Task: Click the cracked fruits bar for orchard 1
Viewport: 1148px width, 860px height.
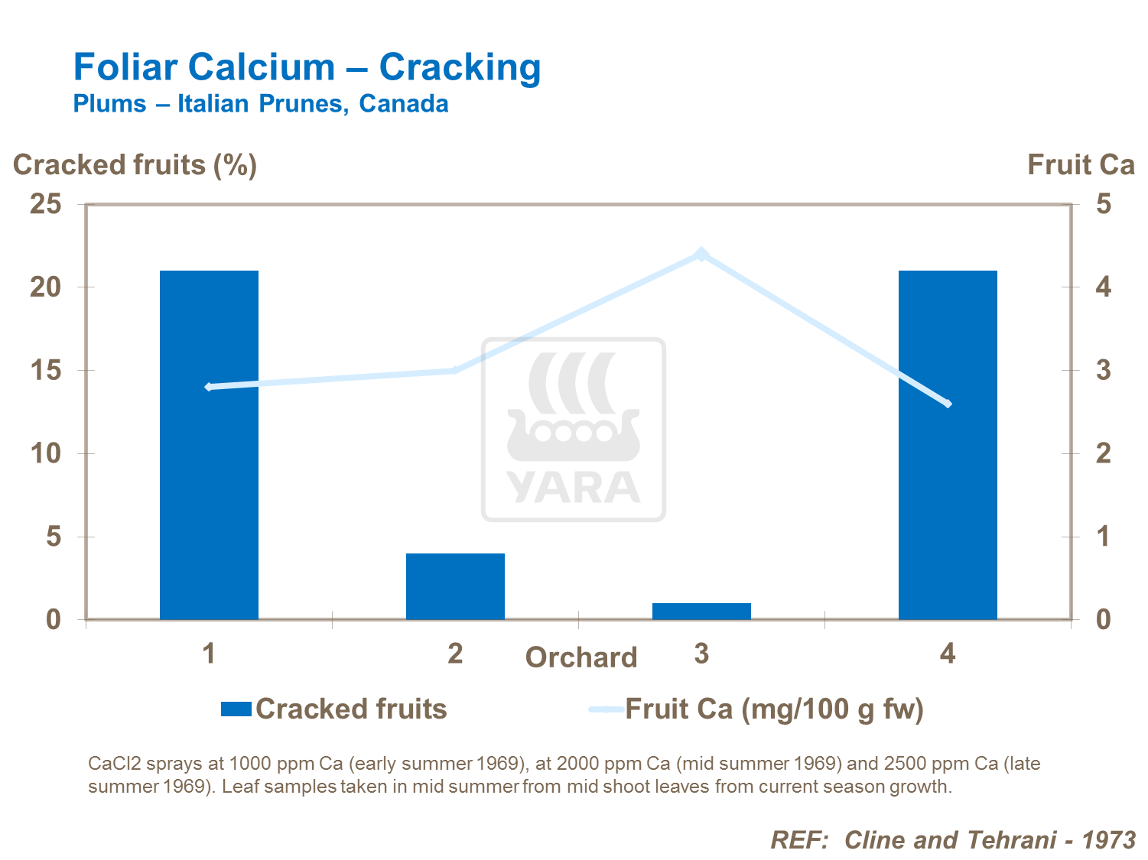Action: (x=209, y=445)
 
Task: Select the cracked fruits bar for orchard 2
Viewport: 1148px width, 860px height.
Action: (x=455, y=586)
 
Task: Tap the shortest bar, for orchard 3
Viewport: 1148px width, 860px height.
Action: (x=701, y=611)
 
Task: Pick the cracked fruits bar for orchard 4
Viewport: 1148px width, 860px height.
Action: (x=948, y=445)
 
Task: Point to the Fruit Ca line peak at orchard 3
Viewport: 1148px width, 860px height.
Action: (x=701, y=254)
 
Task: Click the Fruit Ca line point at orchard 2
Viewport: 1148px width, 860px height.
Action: (x=455, y=370)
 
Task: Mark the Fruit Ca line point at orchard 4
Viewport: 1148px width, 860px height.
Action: (x=948, y=403)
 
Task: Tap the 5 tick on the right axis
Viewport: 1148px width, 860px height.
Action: (x=1103, y=204)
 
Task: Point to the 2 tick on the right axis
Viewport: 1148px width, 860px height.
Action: (x=1103, y=453)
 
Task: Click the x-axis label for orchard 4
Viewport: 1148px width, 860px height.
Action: (x=948, y=654)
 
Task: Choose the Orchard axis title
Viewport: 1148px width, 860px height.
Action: (x=581, y=657)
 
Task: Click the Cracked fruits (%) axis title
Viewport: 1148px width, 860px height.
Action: (x=135, y=165)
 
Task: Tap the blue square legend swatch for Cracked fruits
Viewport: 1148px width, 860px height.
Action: (x=236, y=709)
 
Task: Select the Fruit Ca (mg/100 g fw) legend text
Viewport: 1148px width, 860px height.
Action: (x=774, y=709)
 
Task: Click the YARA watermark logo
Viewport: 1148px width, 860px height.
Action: (x=574, y=430)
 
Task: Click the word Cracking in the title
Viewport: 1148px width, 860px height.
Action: (x=460, y=67)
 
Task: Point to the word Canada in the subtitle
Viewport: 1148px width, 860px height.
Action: (x=404, y=103)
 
